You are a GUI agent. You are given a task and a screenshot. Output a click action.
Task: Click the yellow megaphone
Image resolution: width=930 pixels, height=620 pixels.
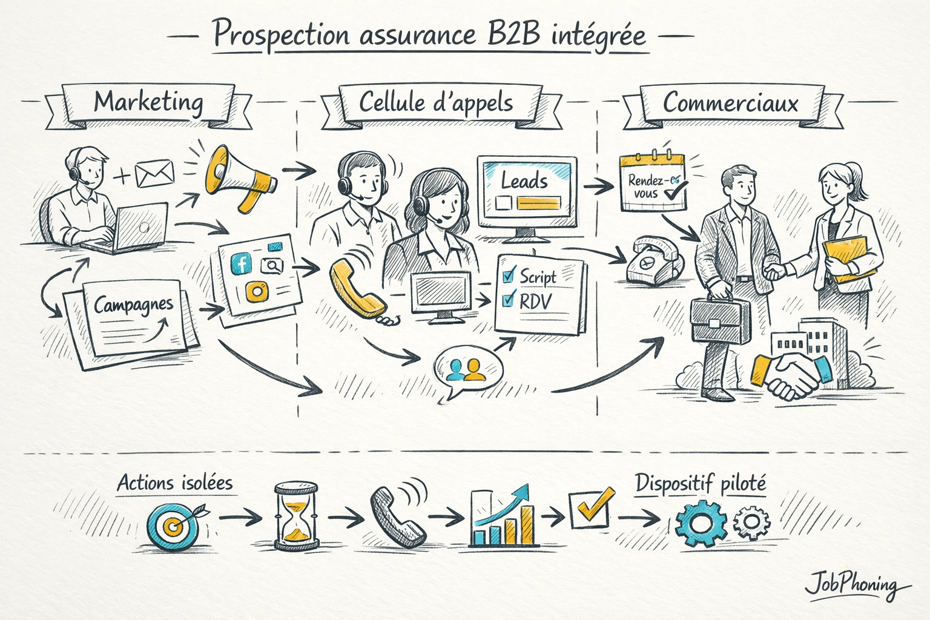point(239,177)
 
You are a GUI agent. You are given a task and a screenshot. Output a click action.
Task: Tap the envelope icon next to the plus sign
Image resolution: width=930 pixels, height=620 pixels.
point(154,174)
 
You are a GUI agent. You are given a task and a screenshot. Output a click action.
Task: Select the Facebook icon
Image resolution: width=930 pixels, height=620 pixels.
point(242,263)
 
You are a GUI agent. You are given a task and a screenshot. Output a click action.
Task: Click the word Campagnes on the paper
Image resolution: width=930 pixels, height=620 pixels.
point(133,305)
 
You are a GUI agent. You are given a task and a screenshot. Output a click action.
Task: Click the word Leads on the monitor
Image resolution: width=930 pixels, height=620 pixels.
point(524,180)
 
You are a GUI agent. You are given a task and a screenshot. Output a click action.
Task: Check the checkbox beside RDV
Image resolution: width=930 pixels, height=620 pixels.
point(509,299)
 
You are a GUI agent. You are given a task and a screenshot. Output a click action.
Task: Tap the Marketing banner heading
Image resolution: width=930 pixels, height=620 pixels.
point(148,102)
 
